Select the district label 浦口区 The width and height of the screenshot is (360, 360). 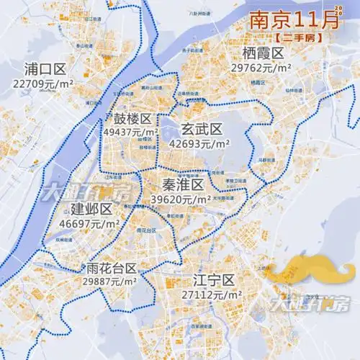45,70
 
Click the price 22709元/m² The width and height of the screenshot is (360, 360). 45,84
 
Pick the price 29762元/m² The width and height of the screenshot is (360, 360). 260,68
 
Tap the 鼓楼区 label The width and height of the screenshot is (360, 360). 132,120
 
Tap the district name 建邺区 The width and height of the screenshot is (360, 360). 93,210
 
